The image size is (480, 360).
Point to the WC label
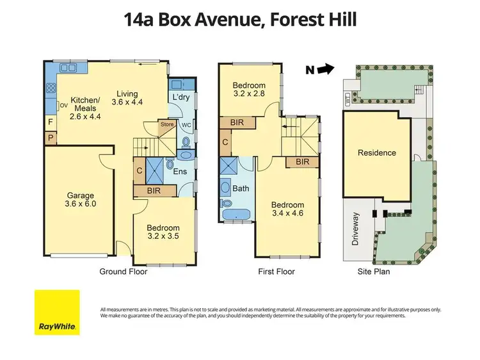pyautogui.click(x=186, y=124)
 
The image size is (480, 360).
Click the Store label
pyautogui.click(x=167, y=124)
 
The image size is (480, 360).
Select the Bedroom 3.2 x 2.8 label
pyautogui.click(x=249, y=90)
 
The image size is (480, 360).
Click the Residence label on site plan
pyautogui.click(x=377, y=153)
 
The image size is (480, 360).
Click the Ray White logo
pyautogui.click(x=57, y=312)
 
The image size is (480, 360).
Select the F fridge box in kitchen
pyautogui.click(x=50, y=120)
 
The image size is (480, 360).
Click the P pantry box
pyautogui.click(x=50, y=137)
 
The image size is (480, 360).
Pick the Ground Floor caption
pyautogui.click(x=124, y=272)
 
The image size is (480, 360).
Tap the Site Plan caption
pyautogui.click(x=373, y=272)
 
